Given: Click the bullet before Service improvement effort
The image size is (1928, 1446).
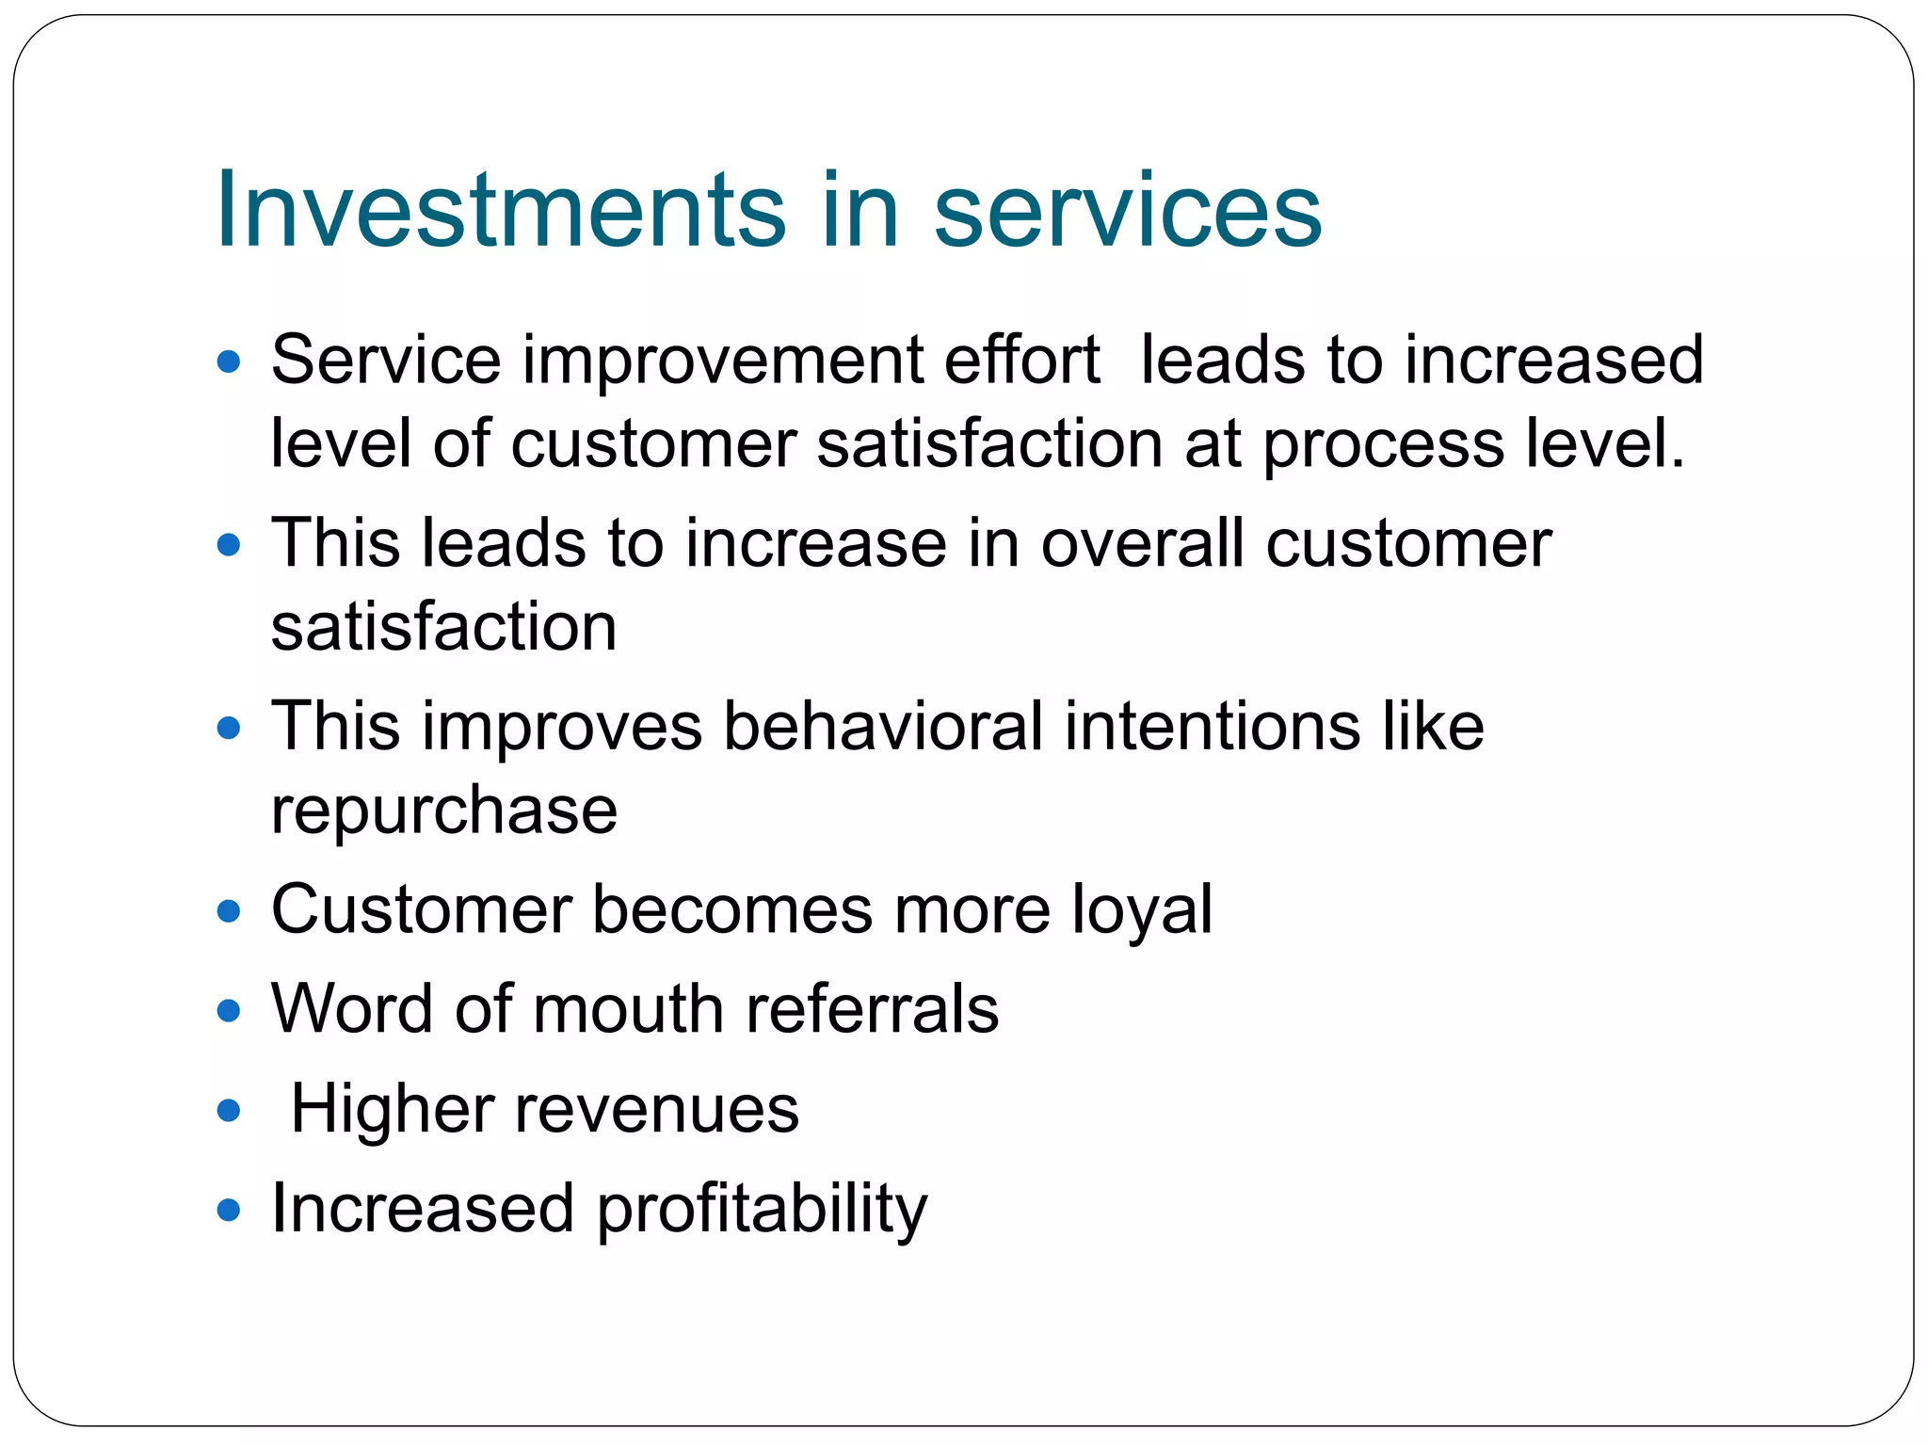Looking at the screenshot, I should (229, 361).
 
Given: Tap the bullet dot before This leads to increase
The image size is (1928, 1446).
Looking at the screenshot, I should (229, 544).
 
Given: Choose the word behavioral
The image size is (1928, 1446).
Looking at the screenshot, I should (883, 726).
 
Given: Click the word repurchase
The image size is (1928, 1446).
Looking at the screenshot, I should (443, 810).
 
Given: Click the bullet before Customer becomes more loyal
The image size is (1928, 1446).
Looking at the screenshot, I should (229, 910).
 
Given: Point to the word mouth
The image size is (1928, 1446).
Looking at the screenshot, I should (628, 1008).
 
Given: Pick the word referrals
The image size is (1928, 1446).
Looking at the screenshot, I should (872, 1008).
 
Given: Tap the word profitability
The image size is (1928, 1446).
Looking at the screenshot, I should (762, 1210).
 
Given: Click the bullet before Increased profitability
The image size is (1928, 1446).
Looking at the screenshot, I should (229, 1209).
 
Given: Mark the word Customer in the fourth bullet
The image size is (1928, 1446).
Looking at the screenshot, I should (421, 909).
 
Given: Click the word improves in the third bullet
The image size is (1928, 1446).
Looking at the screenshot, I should (562, 727).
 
